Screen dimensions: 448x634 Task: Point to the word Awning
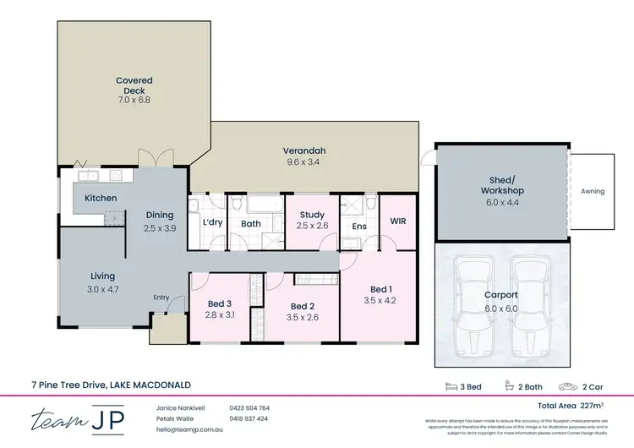pyautogui.click(x=593, y=191)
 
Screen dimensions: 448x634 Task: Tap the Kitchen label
pyautogui.click(x=101, y=198)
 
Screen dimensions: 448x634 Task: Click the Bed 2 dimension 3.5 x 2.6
pyautogui.click(x=303, y=317)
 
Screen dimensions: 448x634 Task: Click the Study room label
pyautogui.click(x=313, y=215)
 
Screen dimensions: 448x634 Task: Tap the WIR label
pyautogui.click(x=398, y=221)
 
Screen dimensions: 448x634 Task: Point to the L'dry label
pyautogui.click(x=212, y=223)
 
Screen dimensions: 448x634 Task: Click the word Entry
pyautogui.click(x=161, y=297)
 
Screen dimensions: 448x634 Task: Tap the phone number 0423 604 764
pyautogui.click(x=249, y=408)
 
